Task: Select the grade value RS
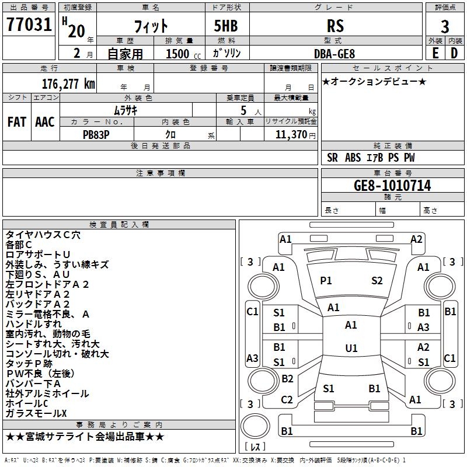pyautogui.click(x=335, y=26)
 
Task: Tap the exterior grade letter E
pyautogui.click(x=435, y=53)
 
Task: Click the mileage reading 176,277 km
pyautogui.click(x=68, y=83)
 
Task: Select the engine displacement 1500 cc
pyautogui.click(x=177, y=54)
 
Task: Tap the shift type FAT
pyautogui.click(x=16, y=122)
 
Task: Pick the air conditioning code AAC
pyautogui.click(x=45, y=122)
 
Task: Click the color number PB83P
pyautogui.click(x=97, y=134)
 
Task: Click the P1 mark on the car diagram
pyautogui.click(x=326, y=281)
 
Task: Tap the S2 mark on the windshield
pyautogui.click(x=377, y=281)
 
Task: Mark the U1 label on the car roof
pyautogui.click(x=351, y=348)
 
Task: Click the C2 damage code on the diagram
pyautogui.click(x=287, y=400)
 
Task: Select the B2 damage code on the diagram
pyautogui.click(x=287, y=379)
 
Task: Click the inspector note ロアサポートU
pyautogui.click(x=38, y=255)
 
